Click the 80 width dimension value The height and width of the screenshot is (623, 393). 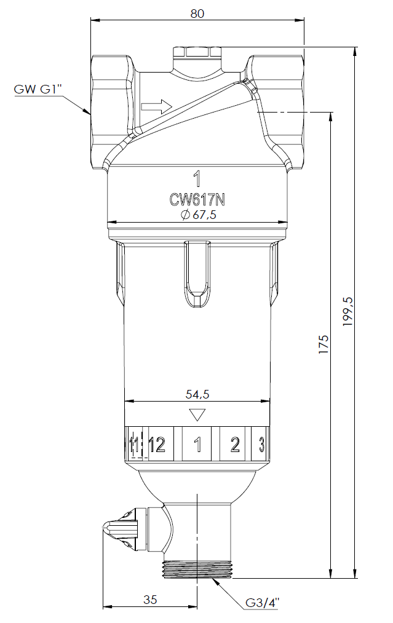(197, 13)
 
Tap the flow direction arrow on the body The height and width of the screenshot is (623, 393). (156, 107)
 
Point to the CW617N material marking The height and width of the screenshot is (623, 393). (197, 199)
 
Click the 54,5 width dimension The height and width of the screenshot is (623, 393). (197, 394)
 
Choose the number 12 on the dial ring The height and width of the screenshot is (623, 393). (157, 445)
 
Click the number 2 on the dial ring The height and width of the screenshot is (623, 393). (234, 445)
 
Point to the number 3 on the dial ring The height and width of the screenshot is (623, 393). (261, 445)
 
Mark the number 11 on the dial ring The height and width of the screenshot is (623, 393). (134, 445)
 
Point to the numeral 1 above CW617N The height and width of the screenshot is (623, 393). (197, 180)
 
